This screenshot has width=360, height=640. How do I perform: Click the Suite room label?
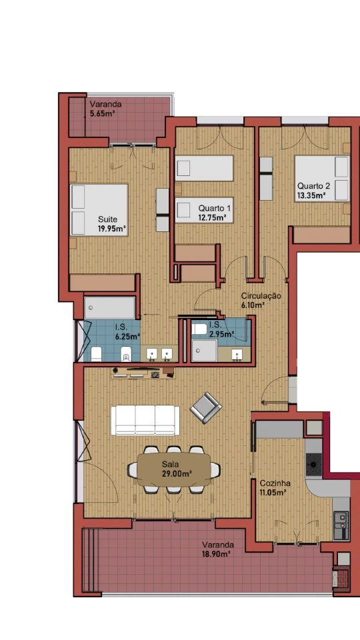pos(107,219)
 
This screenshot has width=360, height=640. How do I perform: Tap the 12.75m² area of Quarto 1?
pos(213,217)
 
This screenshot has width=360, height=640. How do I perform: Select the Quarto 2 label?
pos(313,186)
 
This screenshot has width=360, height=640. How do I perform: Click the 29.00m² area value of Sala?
pos(177,473)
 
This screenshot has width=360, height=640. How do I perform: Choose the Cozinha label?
pos(275,483)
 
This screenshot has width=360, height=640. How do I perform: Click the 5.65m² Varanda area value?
pos(101,113)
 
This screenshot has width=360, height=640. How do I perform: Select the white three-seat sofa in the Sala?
pos(145,420)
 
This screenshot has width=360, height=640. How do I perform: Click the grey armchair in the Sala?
pos(206,407)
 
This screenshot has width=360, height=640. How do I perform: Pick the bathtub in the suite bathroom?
pos(110,308)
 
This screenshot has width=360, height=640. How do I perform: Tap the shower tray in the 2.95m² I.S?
pos(205,351)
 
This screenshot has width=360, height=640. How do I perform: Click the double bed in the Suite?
pos(99,210)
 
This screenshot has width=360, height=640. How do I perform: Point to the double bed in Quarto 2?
pos(322,179)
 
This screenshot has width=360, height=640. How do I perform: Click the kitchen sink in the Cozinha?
pos(341,525)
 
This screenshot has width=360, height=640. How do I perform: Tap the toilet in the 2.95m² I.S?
pos(199,329)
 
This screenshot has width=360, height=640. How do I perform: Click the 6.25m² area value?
pos(128,337)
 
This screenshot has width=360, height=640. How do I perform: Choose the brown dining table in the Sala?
pos(174,469)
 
